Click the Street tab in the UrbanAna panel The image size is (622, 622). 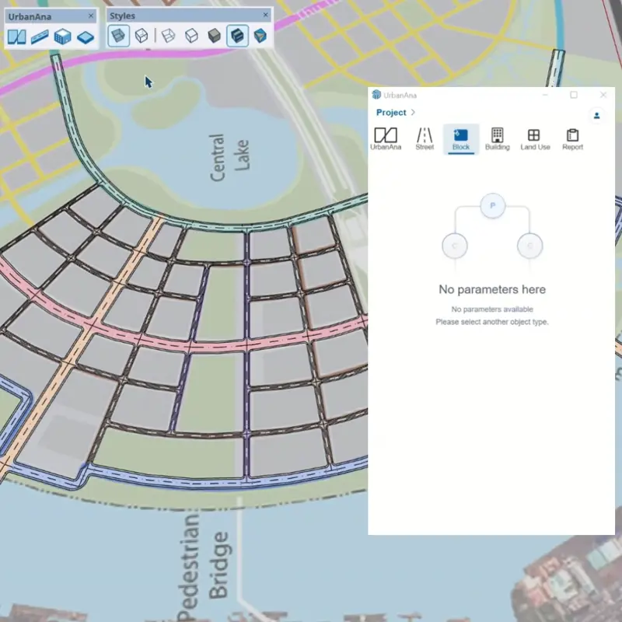(x=425, y=138)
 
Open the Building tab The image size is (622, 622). (x=498, y=138)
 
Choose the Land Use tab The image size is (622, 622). (x=534, y=138)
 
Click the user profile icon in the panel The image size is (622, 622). (x=597, y=115)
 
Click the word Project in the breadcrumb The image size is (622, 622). (x=391, y=113)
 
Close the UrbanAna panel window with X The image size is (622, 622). (x=603, y=95)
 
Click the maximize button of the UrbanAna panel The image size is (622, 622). (x=574, y=95)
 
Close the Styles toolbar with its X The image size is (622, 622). (x=266, y=16)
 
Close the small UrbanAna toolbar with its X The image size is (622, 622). (x=91, y=16)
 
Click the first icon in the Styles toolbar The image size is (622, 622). (x=119, y=36)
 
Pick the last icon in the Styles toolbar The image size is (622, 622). (x=260, y=36)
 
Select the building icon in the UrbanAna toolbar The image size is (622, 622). (x=63, y=37)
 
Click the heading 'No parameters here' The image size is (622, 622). (x=492, y=289)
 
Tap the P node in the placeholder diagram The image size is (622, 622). (x=493, y=206)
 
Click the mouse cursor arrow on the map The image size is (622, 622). (x=148, y=81)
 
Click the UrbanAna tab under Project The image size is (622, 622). (x=386, y=138)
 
